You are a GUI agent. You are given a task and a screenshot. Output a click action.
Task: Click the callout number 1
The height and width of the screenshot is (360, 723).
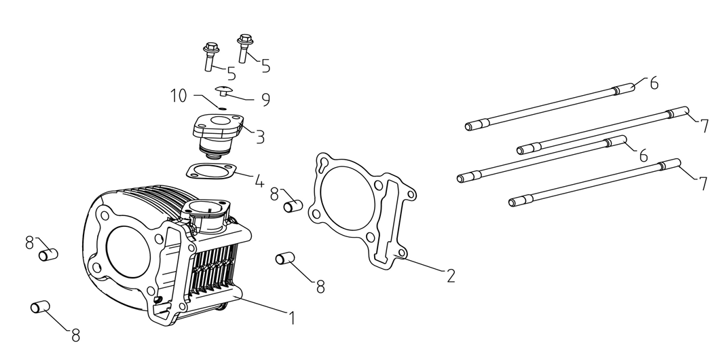click(x=293, y=317)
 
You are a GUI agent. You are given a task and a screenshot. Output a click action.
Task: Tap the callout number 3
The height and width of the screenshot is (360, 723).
click(x=260, y=137)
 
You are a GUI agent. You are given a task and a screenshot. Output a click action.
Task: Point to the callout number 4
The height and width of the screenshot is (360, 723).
click(x=259, y=181)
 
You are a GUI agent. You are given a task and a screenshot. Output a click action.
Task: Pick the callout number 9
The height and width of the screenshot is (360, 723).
click(x=265, y=100)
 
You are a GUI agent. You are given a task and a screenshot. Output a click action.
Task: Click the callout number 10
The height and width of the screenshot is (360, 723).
click(x=178, y=96)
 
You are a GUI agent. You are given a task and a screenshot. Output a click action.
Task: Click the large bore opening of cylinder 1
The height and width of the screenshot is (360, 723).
click(x=129, y=245)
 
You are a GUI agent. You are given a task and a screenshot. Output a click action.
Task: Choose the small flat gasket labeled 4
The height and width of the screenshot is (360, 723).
click(x=210, y=173)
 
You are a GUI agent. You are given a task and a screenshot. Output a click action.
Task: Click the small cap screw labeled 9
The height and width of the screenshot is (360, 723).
click(x=224, y=90)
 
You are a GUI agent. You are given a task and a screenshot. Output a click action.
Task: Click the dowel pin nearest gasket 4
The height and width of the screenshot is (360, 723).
click(x=293, y=202)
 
